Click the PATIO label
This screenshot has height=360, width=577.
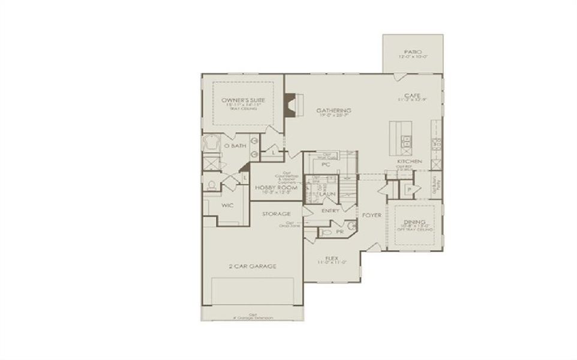(x=413, y=52)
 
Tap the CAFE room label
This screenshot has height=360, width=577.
(x=411, y=95)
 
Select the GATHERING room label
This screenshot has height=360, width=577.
(x=333, y=111)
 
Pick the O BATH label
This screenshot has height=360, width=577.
(x=235, y=146)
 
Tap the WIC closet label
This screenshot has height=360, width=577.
(x=227, y=205)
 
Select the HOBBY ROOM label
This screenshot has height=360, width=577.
(x=272, y=188)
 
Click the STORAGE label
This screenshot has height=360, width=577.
(x=277, y=214)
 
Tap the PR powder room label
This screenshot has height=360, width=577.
(x=339, y=231)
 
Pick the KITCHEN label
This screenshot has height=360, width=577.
(x=409, y=162)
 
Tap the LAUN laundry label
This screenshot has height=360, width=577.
(x=326, y=194)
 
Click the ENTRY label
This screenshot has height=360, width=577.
(x=330, y=211)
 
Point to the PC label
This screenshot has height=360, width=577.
(x=326, y=163)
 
